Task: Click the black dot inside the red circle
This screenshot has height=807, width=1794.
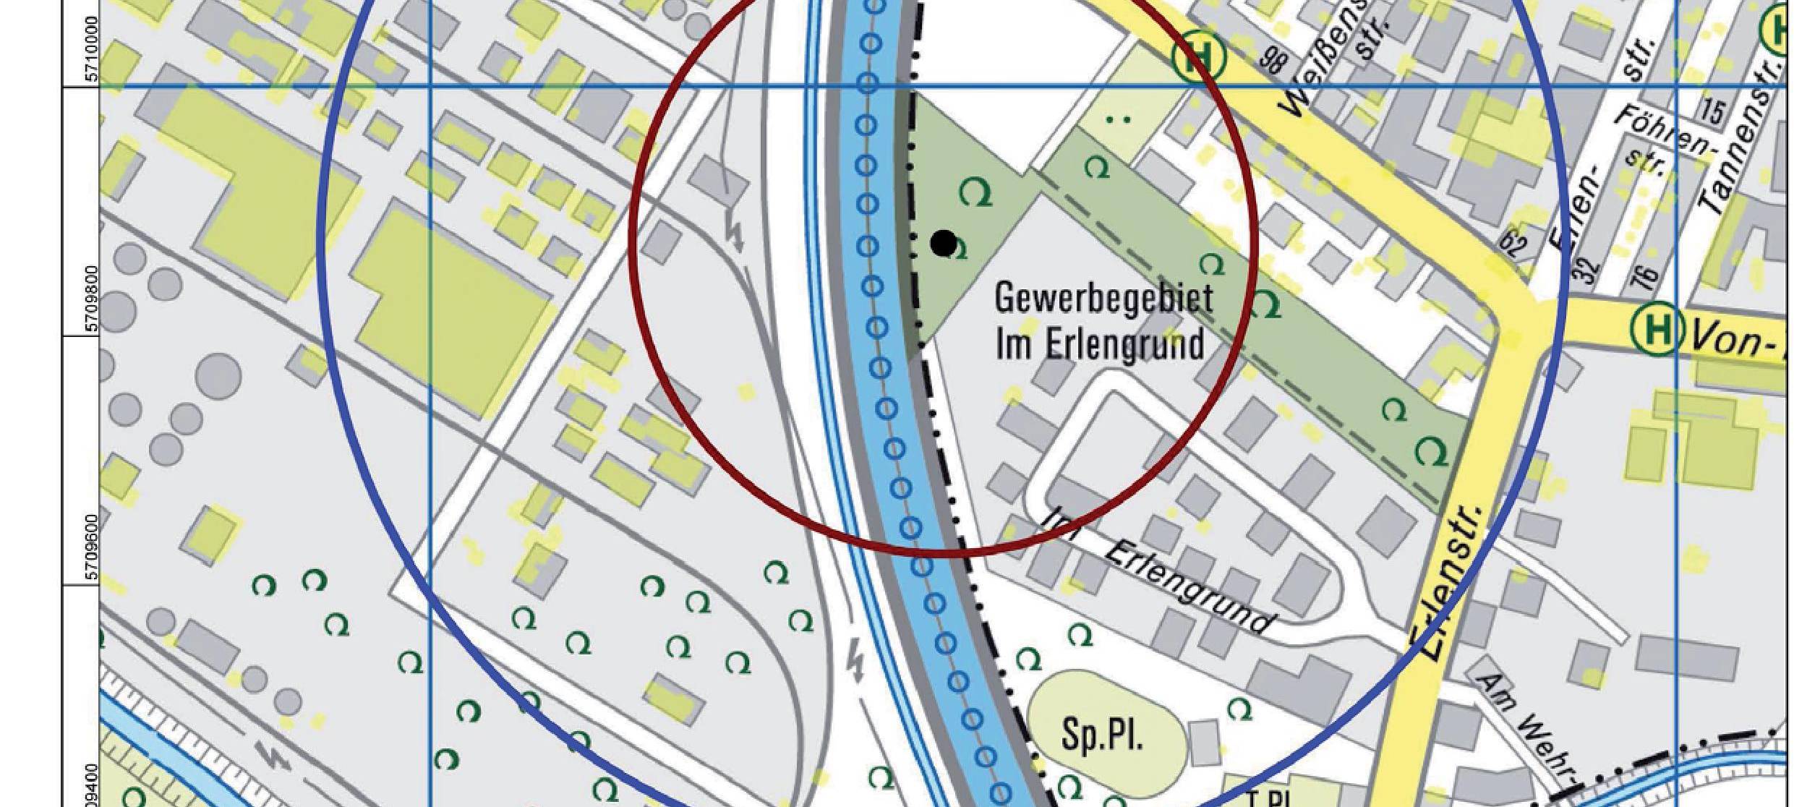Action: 943,244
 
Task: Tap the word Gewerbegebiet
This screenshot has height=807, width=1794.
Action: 1103,299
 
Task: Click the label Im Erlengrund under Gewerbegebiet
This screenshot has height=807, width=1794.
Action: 1100,345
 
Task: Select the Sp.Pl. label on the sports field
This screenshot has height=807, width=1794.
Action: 1102,735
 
